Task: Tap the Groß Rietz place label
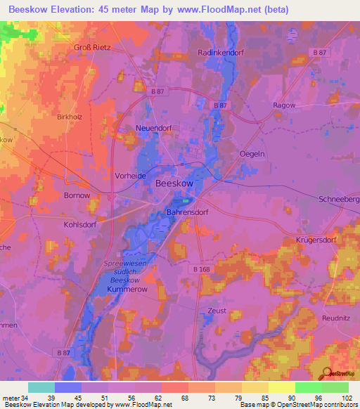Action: [x=93, y=47]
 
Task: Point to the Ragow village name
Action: [x=284, y=105]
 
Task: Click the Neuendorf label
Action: [x=154, y=129]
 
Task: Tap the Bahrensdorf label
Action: [x=188, y=212]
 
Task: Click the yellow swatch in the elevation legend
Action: [x=281, y=387]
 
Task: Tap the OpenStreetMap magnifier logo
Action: [x=325, y=374]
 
